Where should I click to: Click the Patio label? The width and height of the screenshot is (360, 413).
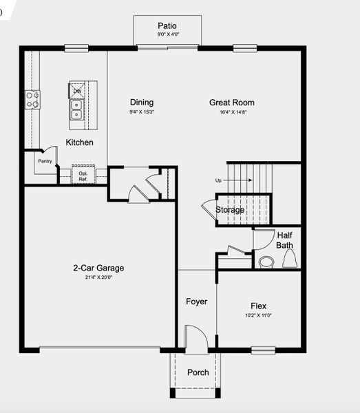coord(167,25)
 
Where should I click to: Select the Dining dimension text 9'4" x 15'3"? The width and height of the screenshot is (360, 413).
coord(141,112)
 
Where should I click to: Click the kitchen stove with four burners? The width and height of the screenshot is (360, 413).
coord(32,100)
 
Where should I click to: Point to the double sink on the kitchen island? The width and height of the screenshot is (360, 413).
coord(77,109)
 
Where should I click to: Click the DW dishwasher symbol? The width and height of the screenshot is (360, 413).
coord(77,91)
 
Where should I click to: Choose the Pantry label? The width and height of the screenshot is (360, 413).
coord(45,161)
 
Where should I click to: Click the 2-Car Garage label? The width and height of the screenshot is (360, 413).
coord(98,268)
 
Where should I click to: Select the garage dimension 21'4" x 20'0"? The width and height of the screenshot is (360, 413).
coord(98,277)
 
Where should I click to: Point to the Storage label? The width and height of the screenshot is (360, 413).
coord(230,210)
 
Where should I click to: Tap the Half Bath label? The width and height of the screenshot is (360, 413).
coord(284,240)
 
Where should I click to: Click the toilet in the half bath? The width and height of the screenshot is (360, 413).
coord(289,260)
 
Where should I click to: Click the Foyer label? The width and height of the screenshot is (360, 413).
coord(196,301)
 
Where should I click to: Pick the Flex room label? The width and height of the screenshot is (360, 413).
coord(258,306)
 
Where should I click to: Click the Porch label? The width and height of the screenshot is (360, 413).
coord(198,372)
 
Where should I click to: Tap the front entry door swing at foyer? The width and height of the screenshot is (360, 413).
coord(196,339)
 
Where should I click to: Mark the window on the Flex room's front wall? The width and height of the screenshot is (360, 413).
coord(263,350)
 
